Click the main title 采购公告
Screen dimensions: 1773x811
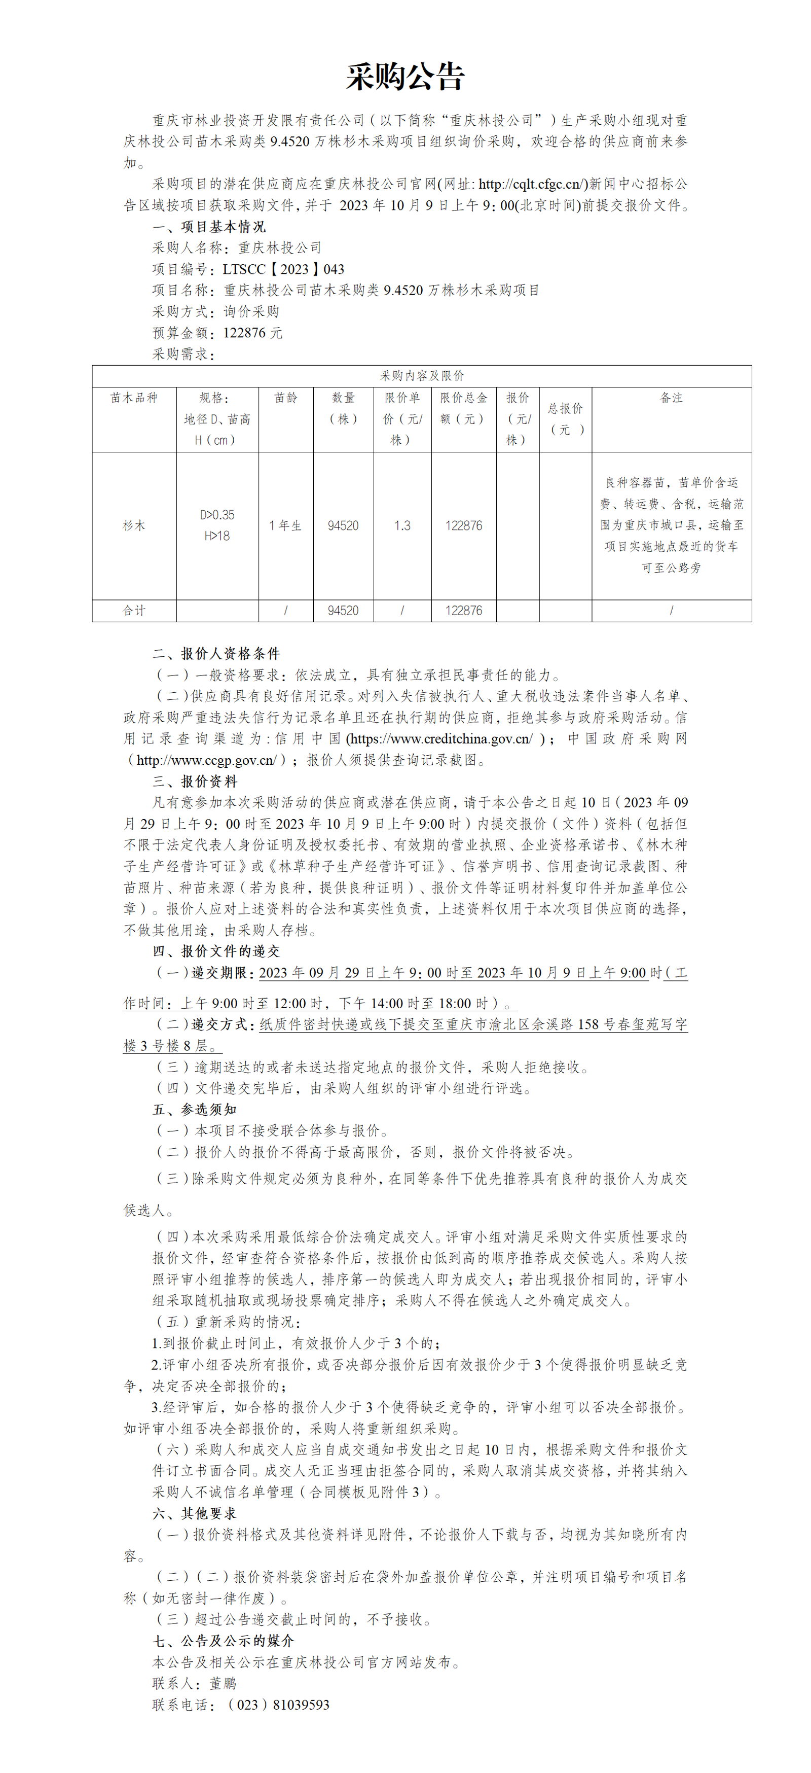[x=405, y=77]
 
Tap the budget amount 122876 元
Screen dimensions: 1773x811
[x=252, y=333]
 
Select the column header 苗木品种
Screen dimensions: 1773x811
[x=134, y=398]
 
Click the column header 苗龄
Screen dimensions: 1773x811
[x=285, y=398]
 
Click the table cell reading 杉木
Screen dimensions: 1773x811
[x=134, y=526]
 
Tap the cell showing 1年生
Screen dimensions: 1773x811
[x=285, y=526]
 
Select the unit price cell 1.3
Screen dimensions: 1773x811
[x=402, y=526]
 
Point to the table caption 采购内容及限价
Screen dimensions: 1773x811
[x=422, y=376]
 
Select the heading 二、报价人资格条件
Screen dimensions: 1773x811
[x=216, y=654]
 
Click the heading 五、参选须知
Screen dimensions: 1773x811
[x=195, y=1110]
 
